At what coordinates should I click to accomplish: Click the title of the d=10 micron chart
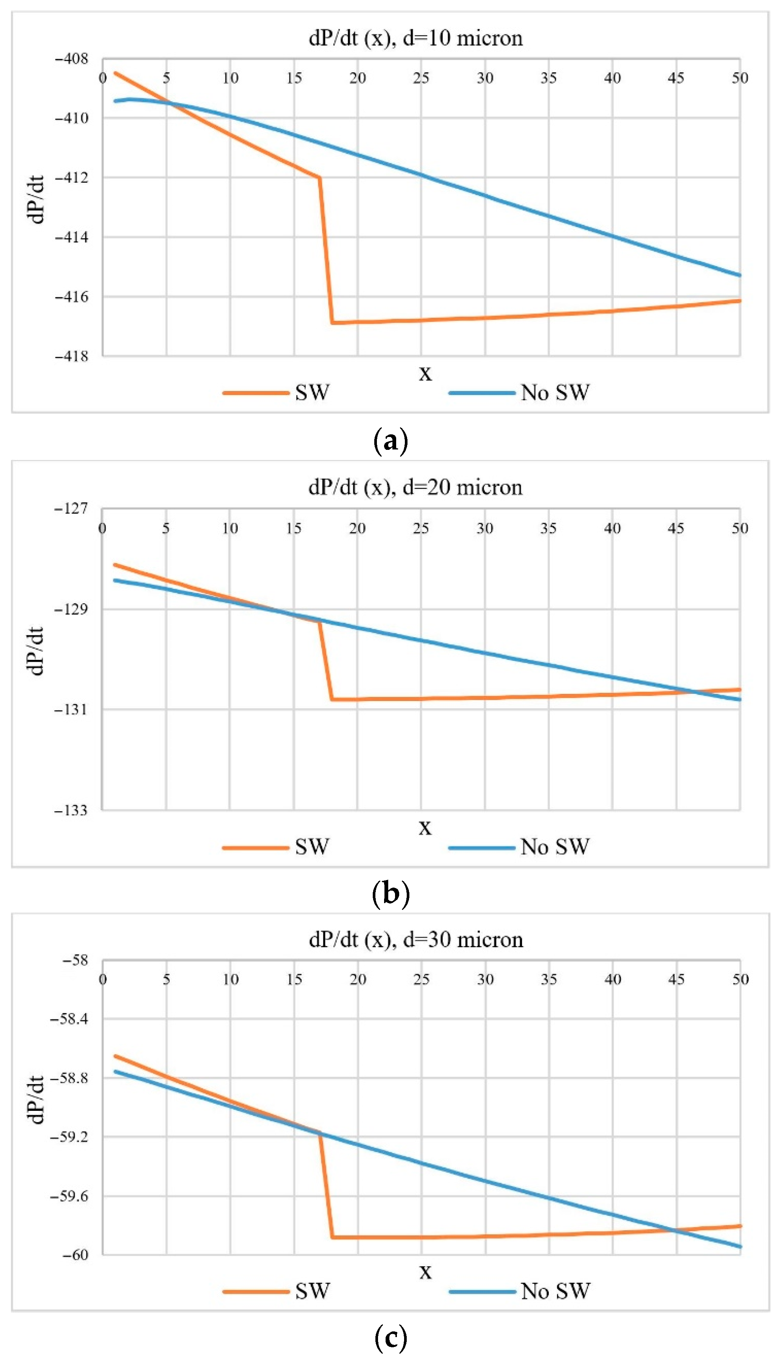pyautogui.click(x=416, y=38)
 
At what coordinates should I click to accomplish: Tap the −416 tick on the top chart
pyautogui.click(x=71, y=296)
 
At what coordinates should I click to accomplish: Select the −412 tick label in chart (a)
pyautogui.click(x=71, y=178)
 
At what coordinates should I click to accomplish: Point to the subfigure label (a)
pyautogui.click(x=390, y=441)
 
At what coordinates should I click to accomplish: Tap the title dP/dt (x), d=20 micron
pyautogui.click(x=416, y=487)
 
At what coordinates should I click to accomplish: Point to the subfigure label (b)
pyautogui.click(x=390, y=893)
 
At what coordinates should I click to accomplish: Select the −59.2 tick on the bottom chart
pyautogui.click(x=69, y=1137)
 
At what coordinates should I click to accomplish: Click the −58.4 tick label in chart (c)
pyautogui.click(x=69, y=1019)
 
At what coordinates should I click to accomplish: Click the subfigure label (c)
pyautogui.click(x=390, y=1337)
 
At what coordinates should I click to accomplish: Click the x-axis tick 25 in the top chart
pyautogui.click(x=421, y=78)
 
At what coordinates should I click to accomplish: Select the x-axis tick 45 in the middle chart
pyautogui.click(x=676, y=528)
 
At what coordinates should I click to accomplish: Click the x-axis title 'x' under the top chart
pyautogui.click(x=425, y=373)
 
